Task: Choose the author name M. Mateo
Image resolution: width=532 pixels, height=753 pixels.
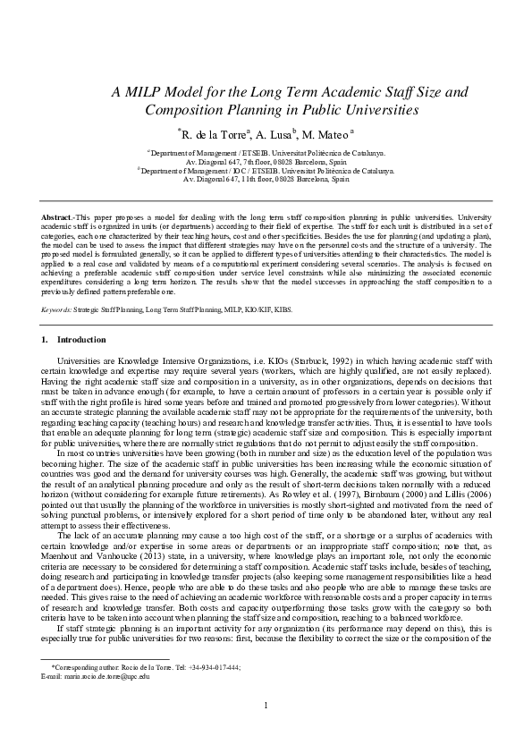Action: tap(324, 135)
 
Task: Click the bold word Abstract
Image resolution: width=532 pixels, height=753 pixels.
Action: tap(59, 217)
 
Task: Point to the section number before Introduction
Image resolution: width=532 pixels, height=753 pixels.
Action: tap(45, 340)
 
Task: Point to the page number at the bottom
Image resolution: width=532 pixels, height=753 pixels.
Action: tap(266, 732)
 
